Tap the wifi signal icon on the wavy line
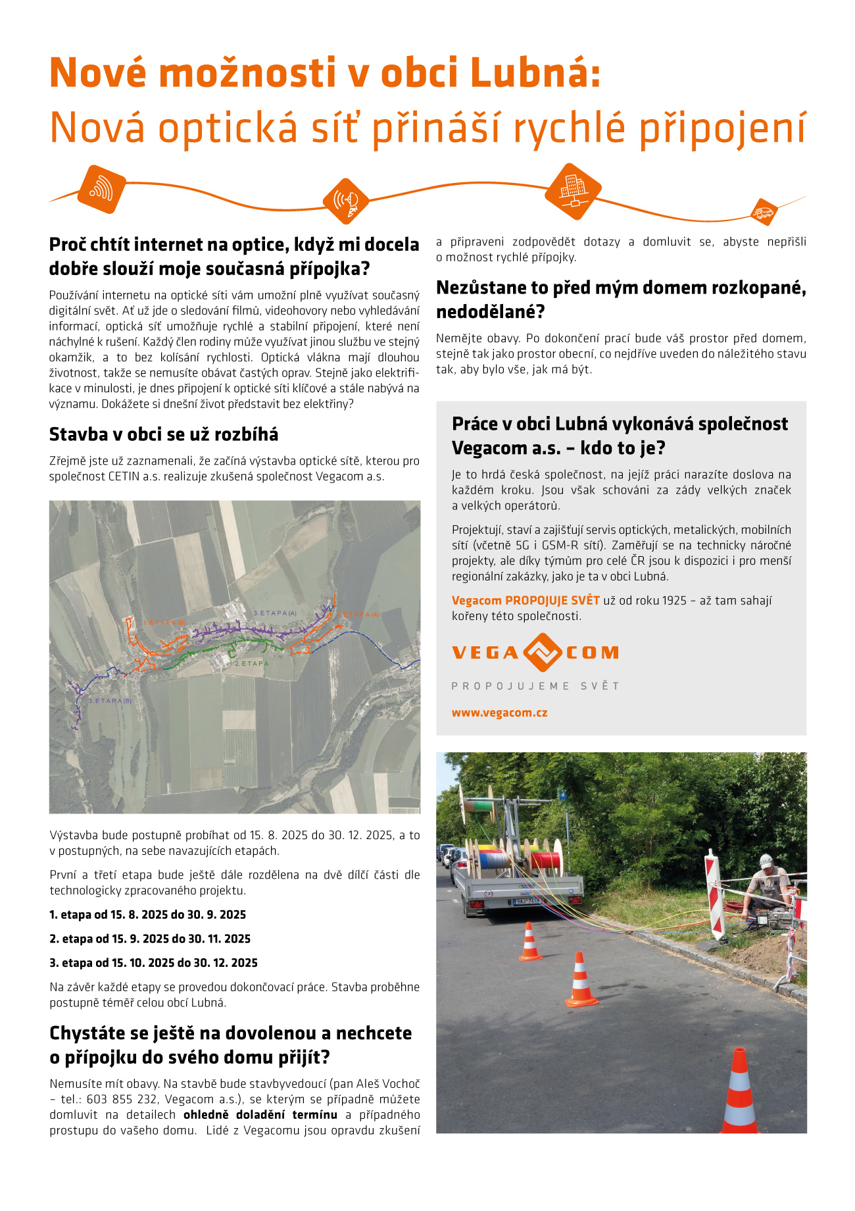pos(101,190)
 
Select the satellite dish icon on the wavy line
pos(346,201)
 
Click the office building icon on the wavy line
pos(574,191)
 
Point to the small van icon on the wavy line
pos(764,212)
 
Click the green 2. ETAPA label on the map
pos(252,663)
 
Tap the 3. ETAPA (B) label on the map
pos(110,701)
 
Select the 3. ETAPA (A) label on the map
pos(275,613)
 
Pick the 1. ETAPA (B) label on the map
pos(164,623)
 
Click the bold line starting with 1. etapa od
pos(148,915)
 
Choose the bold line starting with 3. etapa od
pos(154,963)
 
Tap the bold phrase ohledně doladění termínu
pos(260,1115)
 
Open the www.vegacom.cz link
pos(499,713)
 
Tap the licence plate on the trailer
pos(529,900)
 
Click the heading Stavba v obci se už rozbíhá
pos(164,434)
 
